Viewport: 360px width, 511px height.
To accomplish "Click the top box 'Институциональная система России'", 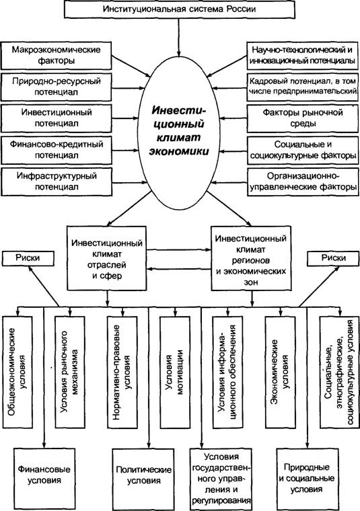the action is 180,9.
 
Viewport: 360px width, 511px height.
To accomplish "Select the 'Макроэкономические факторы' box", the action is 57,55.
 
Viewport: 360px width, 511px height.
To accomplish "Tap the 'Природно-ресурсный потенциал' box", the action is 57,87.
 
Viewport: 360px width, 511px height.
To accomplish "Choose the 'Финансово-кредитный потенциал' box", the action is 57,150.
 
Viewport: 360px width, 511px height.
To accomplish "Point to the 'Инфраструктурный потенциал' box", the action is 57,182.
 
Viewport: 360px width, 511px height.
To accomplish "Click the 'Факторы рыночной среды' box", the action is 303,118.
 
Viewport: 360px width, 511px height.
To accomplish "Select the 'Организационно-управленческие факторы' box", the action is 303,182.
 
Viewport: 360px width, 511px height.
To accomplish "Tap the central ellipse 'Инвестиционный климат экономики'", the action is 180,132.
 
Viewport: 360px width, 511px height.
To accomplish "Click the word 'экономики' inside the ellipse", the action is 179,151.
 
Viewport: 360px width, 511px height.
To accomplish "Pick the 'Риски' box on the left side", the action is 28,258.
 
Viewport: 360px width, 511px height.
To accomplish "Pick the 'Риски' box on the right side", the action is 333,258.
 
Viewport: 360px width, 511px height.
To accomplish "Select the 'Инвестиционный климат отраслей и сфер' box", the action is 106,258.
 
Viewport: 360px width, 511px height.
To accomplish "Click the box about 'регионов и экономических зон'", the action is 251,258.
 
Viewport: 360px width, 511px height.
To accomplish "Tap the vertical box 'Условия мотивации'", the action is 175,372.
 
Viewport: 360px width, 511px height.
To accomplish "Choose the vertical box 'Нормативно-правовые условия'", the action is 122,372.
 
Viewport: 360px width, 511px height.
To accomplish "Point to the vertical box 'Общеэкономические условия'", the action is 17,372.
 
